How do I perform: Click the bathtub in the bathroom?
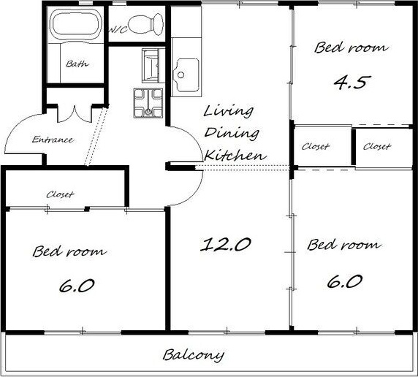pyautogui.click(x=77, y=25)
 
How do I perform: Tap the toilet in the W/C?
pyautogui.click(x=146, y=23)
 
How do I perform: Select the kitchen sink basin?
pyautogui.click(x=186, y=75)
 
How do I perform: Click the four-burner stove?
pyautogui.click(x=148, y=103)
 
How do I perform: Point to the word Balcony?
pyautogui.click(x=194, y=355)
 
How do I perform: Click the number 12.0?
pyautogui.click(x=226, y=245)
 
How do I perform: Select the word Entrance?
pyautogui.click(x=53, y=140)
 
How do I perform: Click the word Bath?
pyautogui.click(x=77, y=64)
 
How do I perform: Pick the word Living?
pyautogui.click(x=229, y=112)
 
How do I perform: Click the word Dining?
pyautogui.click(x=232, y=133)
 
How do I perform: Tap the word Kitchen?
pyautogui.click(x=235, y=155)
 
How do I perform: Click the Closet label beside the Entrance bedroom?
pyautogui.click(x=60, y=194)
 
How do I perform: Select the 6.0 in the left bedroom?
pyautogui.click(x=77, y=286)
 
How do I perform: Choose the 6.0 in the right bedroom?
pyautogui.click(x=345, y=281)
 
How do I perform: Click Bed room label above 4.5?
pyautogui.click(x=351, y=47)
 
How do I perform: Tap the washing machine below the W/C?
pyautogui.click(x=151, y=65)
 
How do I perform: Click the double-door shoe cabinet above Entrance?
pyautogui.click(x=75, y=114)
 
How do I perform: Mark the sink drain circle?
pyautogui.click(x=181, y=75)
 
